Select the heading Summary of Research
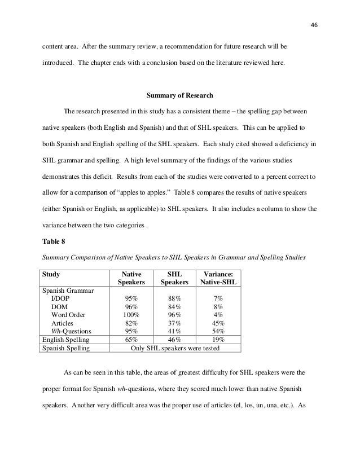pos(179,94)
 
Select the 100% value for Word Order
pos(131,314)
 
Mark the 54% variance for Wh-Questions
pos(217,331)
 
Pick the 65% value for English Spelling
pos(131,340)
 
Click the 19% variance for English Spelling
pos(217,340)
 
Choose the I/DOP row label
pos(61,298)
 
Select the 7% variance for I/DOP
pos(217,298)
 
